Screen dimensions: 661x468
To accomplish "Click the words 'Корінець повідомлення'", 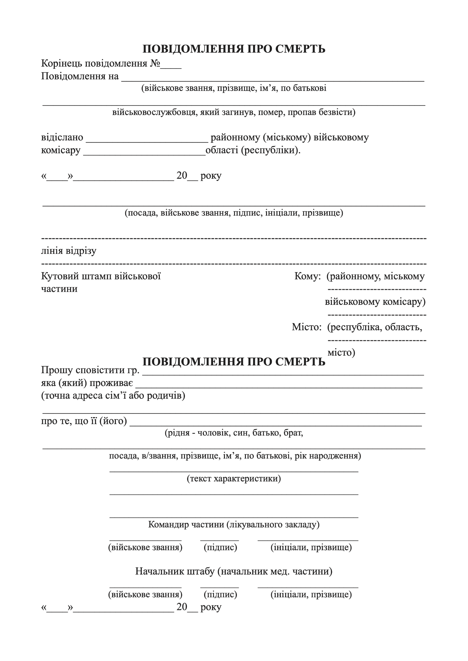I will (94, 63).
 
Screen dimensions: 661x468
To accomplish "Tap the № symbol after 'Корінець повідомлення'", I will (155, 63).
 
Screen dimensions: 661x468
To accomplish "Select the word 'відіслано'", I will (62, 137).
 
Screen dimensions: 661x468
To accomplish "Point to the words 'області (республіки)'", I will (253, 150).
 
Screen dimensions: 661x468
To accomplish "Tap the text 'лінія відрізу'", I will (69, 251).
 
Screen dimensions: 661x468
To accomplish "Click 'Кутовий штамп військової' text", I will (101, 276).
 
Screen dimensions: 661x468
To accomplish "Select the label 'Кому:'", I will (308, 276).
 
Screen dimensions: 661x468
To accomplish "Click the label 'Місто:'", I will (307, 327).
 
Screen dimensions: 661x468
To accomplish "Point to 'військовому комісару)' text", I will (375, 302).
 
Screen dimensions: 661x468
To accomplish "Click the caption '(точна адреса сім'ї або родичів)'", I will (113, 396).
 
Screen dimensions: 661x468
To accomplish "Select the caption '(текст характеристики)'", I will (234, 479).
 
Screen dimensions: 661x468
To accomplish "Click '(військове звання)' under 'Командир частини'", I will (145, 547).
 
